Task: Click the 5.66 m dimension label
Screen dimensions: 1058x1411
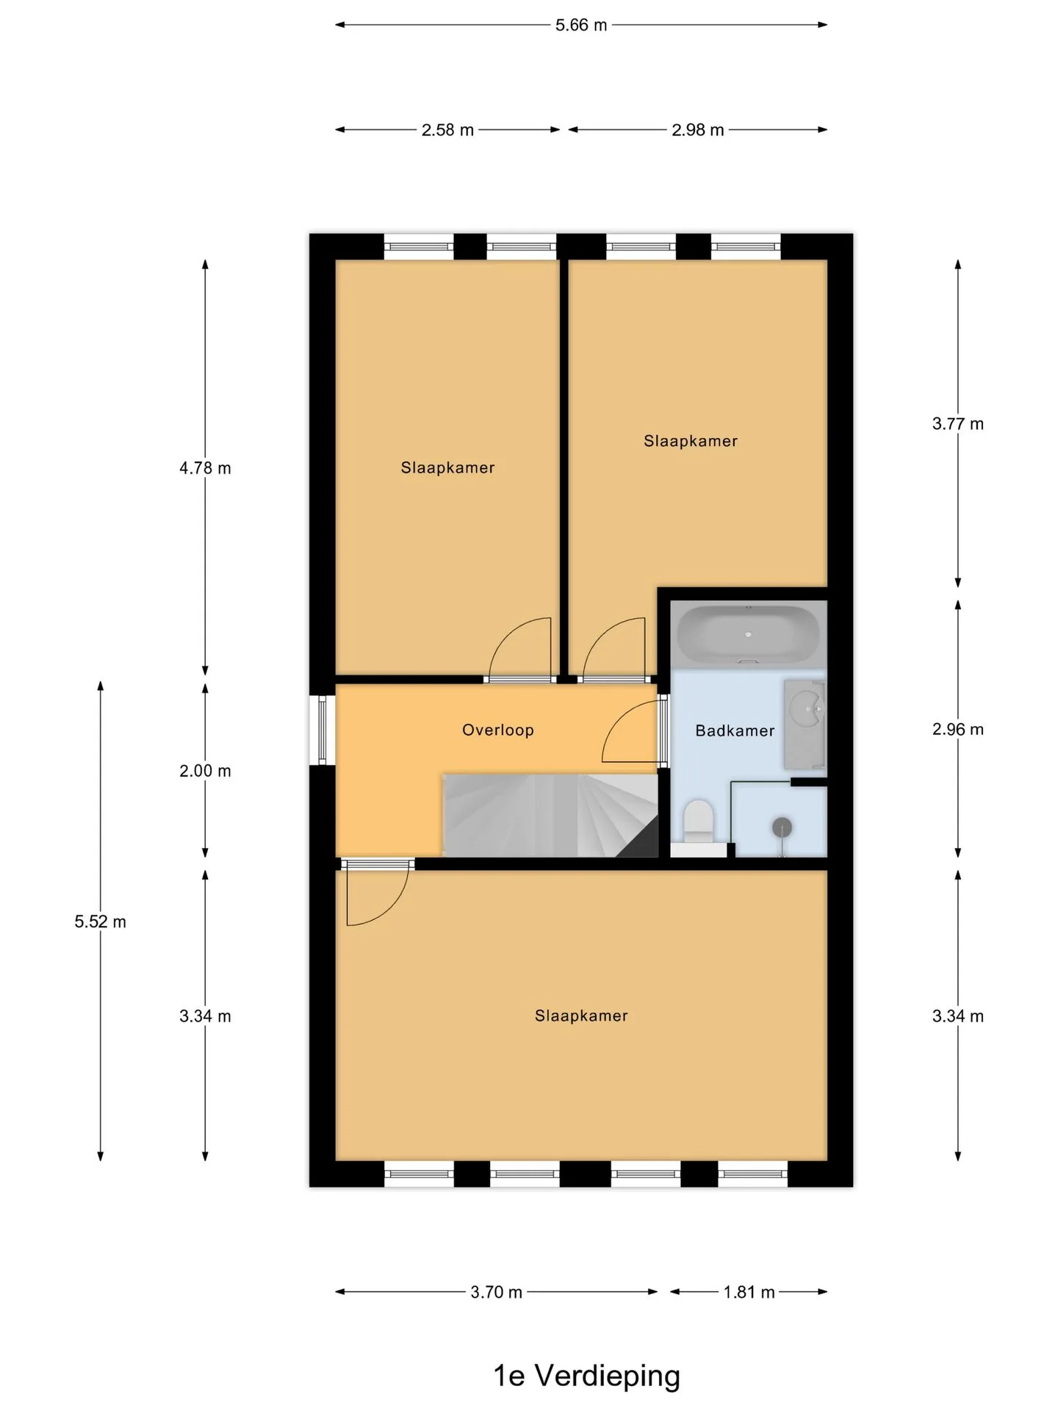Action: tap(581, 25)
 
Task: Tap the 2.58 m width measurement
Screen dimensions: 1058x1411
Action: tap(447, 130)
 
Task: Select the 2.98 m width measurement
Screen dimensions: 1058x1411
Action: tap(698, 130)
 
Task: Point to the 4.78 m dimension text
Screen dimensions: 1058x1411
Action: tap(205, 468)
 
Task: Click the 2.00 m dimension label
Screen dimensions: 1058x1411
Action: tap(205, 771)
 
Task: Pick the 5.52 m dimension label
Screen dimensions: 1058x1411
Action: tap(100, 922)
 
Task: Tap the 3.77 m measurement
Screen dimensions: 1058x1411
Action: tap(958, 424)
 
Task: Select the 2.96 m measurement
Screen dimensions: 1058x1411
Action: tap(958, 730)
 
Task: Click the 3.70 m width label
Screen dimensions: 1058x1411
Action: tap(497, 1292)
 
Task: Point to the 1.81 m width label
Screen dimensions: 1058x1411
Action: tap(749, 1292)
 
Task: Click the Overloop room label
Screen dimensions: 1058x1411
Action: tap(498, 730)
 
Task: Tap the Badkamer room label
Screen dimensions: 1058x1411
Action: tap(735, 730)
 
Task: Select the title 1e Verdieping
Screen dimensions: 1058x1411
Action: tap(586, 1376)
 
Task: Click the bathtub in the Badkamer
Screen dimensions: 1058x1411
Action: tap(748, 633)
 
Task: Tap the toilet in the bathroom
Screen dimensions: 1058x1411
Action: tap(699, 822)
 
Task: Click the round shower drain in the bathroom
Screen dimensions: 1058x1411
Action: tap(782, 827)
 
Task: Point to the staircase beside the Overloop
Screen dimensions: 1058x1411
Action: tap(550, 815)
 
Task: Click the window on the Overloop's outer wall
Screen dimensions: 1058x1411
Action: tap(322, 730)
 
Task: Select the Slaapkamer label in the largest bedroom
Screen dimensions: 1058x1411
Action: tap(581, 1016)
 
